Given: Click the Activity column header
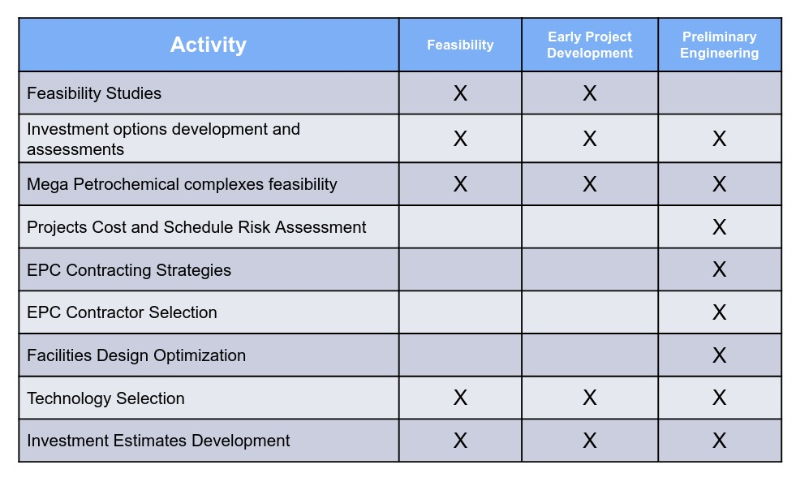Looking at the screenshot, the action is point(209,45).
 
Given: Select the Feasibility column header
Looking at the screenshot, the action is point(460,45).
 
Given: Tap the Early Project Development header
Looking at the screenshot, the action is point(589,45).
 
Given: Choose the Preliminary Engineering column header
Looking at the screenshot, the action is point(720,45).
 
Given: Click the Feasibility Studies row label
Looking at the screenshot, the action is point(94,93).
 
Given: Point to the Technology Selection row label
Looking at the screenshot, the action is point(105,398).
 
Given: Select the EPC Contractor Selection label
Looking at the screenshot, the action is point(122,312).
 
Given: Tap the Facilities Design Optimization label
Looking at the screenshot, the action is point(136,355).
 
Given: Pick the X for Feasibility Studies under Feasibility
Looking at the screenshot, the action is point(460,93).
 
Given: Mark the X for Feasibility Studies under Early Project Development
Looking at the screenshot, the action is point(589,93).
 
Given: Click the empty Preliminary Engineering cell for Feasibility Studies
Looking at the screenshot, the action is point(720,93).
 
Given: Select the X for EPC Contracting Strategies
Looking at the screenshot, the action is point(720,269).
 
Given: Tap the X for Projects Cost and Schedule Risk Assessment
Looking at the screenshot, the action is point(720,227).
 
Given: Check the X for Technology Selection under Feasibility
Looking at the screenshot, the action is point(460,398).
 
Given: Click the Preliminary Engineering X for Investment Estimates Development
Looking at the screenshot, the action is point(720,441).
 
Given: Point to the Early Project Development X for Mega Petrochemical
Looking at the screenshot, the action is point(589,184).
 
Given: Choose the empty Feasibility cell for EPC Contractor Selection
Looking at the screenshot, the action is point(460,312).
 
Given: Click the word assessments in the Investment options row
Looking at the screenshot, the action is point(75,150).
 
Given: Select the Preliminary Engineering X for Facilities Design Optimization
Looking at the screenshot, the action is point(720,355).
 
